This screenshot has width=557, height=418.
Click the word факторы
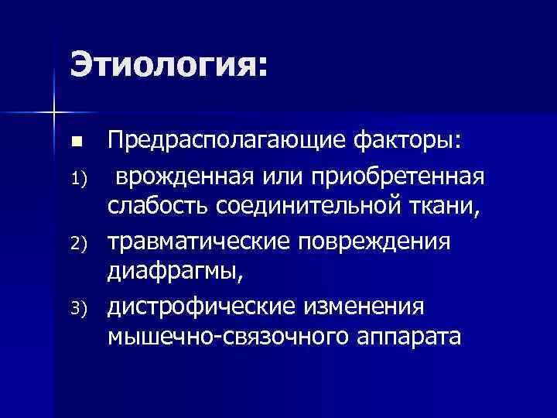[x=417, y=142]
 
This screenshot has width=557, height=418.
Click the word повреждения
[x=382, y=243]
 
